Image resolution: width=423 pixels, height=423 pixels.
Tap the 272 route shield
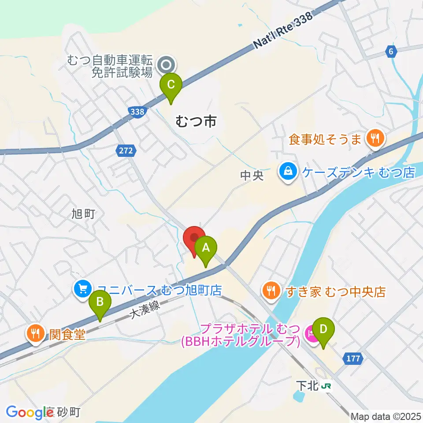tap(124, 151)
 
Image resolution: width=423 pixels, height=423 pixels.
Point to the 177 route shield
tap(352, 359)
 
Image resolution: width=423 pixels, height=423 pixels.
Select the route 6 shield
tap(390, 52)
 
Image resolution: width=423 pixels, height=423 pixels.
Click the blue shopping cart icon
tap(82, 289)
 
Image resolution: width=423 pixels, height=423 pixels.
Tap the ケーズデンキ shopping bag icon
tap(287, 171)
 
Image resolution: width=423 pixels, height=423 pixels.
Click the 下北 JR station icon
tap(327, 386)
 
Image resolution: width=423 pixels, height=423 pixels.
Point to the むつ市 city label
tap(196, 121)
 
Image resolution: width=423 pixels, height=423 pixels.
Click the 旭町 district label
tap(83, 214)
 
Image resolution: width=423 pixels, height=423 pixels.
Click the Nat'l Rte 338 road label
tap(282, 29)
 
